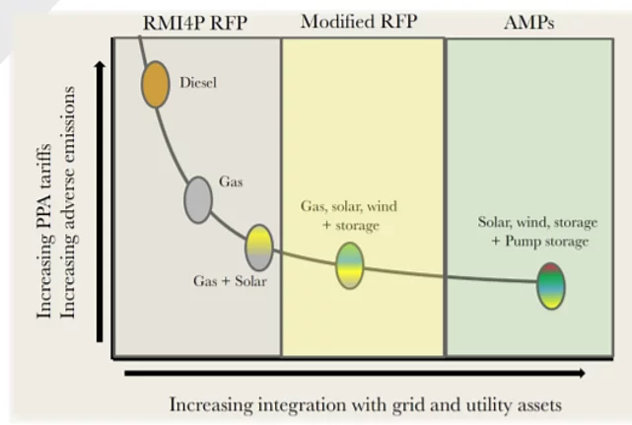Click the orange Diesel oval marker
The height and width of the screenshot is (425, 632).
coord(155,84)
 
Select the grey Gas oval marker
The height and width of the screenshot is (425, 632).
coord(198,199)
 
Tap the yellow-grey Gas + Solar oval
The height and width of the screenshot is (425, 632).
coord(259,248)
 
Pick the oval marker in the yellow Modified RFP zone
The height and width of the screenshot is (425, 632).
coord(349,265)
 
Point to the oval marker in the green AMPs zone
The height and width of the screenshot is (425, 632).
coord(551,286)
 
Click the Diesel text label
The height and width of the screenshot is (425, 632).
coord(198,83)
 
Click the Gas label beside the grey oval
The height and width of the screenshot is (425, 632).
coord(231,181)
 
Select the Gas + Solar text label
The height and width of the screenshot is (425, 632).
coord(230,281)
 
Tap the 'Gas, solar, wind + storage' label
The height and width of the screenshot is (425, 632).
coord(349,216)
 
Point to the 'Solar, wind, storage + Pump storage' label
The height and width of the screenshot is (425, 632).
coord(537,232)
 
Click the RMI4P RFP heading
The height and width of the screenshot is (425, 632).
coord(195,23)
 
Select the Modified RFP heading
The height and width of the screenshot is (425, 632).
coord(359,21)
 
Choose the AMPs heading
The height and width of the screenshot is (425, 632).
coord(528,22)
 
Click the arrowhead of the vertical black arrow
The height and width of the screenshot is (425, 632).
coord(100,64)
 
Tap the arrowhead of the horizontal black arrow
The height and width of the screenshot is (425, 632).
coord(582,373)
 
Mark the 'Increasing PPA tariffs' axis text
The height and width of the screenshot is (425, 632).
coord(44,231)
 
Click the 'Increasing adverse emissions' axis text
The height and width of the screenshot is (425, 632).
coord(67,202)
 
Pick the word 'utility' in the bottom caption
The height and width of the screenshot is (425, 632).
coord(487,405)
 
